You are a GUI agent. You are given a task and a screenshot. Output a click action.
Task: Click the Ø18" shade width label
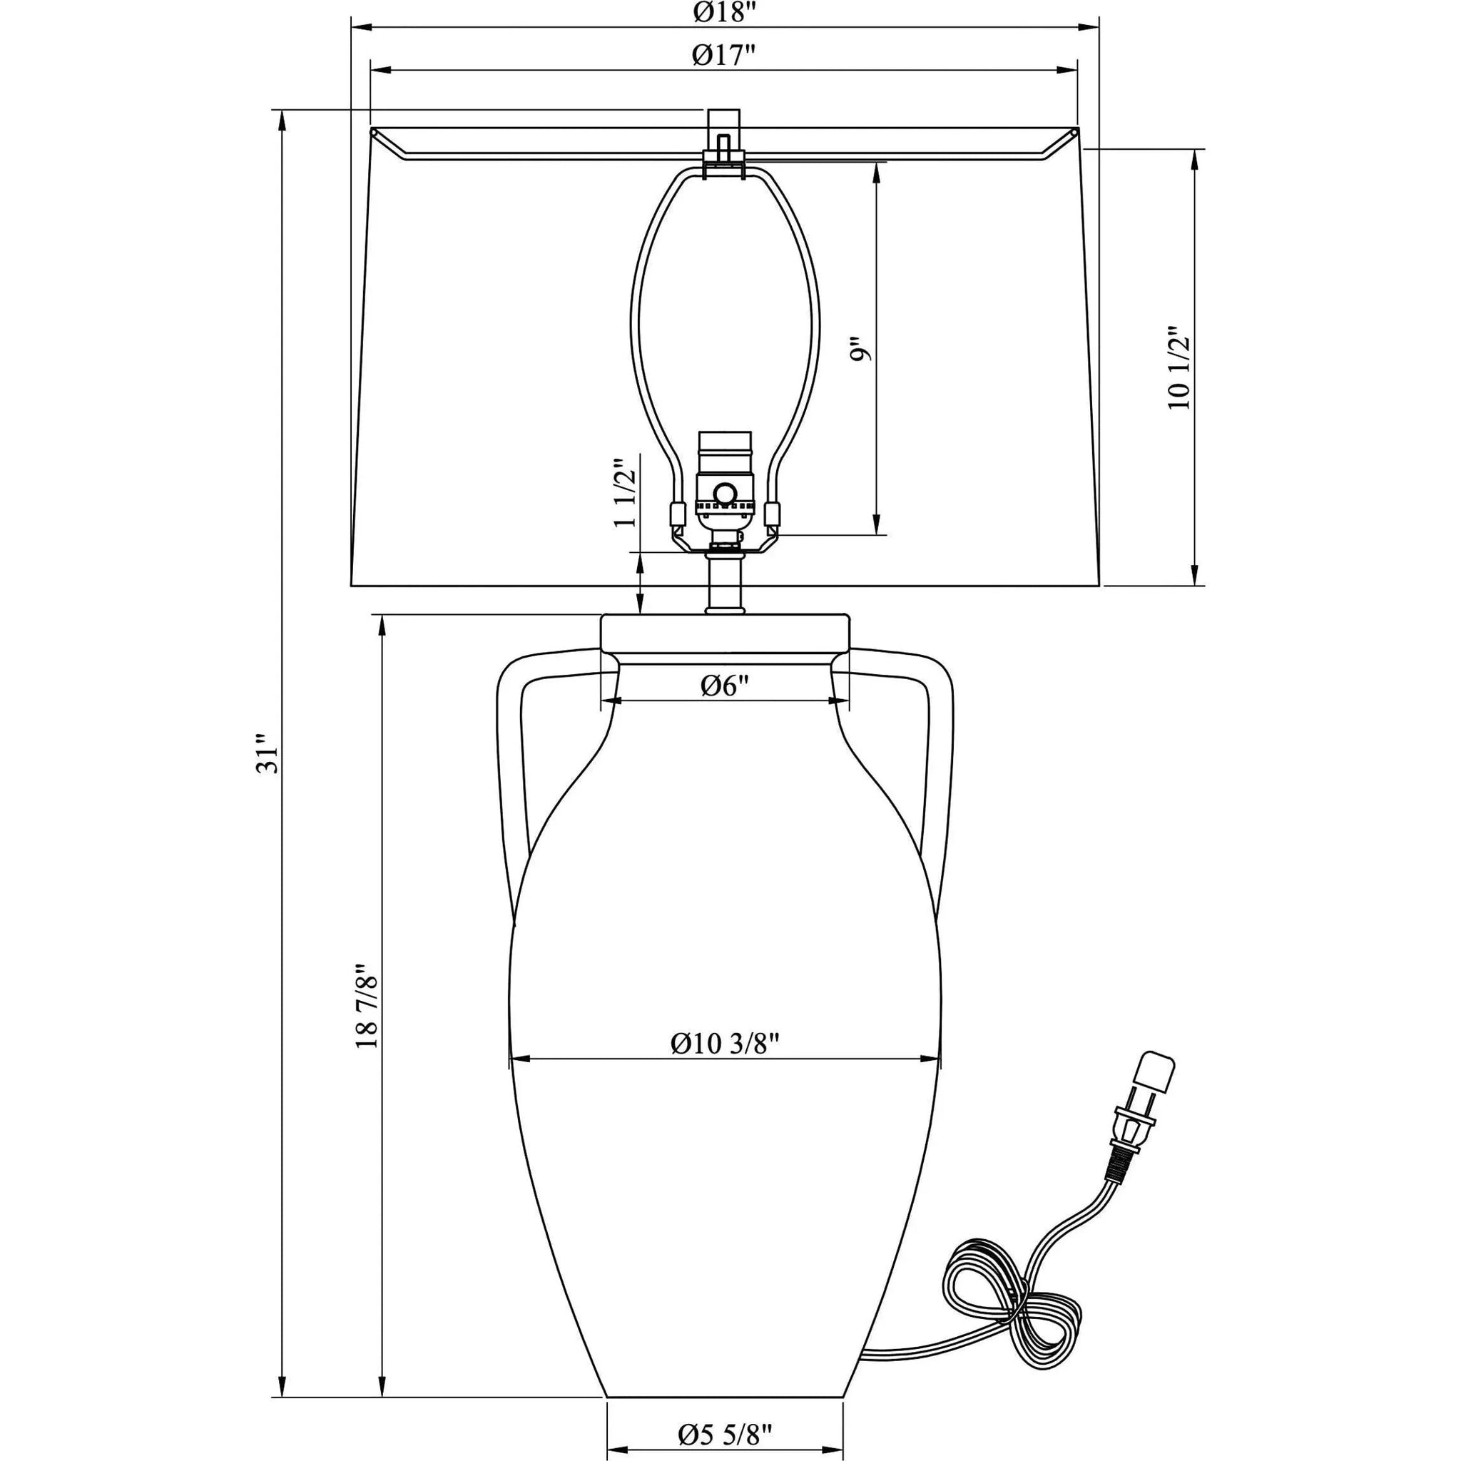[x=725, y=12]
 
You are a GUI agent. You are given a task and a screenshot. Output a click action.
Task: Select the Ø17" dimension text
[x=725, y=55]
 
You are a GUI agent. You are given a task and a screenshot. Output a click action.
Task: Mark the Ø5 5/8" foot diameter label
[x=726, y=1433]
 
